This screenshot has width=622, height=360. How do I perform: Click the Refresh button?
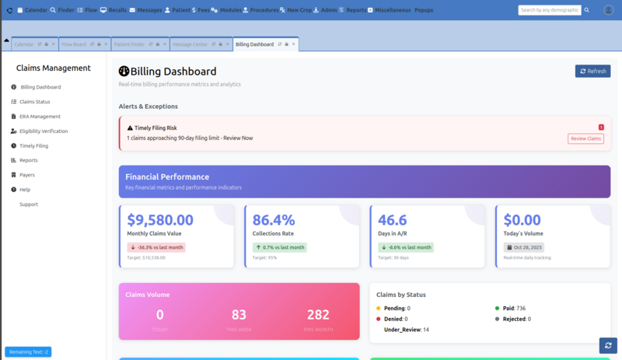(592, 71)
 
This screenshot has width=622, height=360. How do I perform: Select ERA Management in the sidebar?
(40, 117)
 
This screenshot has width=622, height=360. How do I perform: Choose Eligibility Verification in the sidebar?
(44, 131)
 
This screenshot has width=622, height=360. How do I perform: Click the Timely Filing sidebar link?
(33, 145)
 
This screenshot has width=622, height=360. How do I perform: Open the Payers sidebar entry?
(27, 175)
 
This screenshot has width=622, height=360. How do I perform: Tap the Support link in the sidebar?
(29, 204)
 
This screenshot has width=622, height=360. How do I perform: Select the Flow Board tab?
(75, 44)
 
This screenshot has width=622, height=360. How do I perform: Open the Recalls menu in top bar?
(113, 10)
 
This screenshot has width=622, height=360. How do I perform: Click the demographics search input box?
(550, 10)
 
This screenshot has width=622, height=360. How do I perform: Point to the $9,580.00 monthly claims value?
(160, 220)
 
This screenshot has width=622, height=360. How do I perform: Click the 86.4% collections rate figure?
(274, 220)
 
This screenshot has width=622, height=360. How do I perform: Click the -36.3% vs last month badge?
(156, 247)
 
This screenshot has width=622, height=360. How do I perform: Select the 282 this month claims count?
(318, 314)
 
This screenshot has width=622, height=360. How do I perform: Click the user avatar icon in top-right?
(608, 10)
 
